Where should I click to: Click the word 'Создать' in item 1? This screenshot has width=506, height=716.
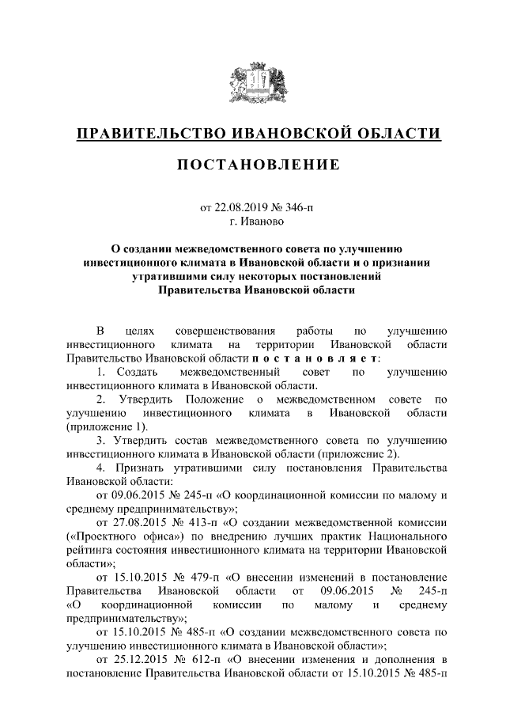coord(136,372)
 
